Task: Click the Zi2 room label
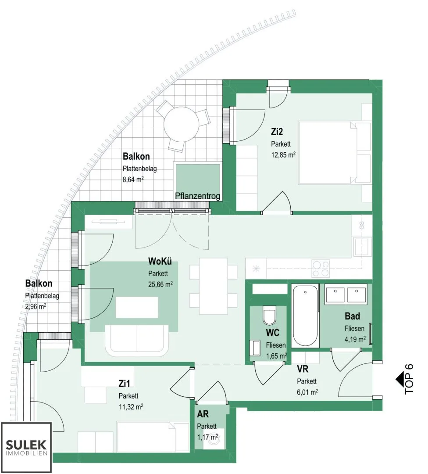tap(277, 132)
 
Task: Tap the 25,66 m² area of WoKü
tap(160, 284)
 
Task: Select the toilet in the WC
tap(269, 315)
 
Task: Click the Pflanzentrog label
tap(197, 196)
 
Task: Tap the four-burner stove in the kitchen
tap(321, 269)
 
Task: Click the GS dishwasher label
tap(361, 225)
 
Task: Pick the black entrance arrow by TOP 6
tap(400, 380)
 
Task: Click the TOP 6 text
tap(409, 379)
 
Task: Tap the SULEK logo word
tap(26, 445)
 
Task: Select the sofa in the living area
tap(137, 341)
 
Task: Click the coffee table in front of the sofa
tap(137, 307)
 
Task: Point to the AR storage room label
tap(203, 414)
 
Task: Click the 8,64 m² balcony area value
tap(133, 179)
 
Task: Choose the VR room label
tap(302, 369)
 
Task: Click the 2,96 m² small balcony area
tap(36, 306)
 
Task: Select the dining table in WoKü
tap(214, 286)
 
